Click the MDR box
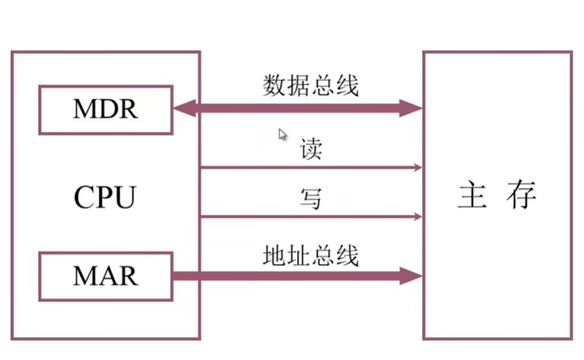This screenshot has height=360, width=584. (x=105, y=109)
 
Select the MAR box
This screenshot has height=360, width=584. (x=105, y=275)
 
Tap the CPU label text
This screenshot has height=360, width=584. (x=105, y=198)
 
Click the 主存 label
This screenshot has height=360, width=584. (x=496, y=196)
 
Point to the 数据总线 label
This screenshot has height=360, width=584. (x=311, y=85)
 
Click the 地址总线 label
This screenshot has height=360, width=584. (x=311, y=254)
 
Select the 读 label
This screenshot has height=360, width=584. (x=311, y=149)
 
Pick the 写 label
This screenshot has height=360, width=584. (x=311, y=199)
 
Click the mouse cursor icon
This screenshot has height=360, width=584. (x=282, y=135)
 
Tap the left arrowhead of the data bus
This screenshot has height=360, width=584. (x=183, y=109)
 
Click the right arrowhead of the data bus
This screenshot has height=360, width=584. (x=412, y=109)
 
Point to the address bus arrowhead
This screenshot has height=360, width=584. (x=412, y=275)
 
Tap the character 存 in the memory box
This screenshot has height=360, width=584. (x=521, y=196)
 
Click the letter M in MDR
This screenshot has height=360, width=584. (x=84, y=109)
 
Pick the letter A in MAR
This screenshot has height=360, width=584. (x=105, y=275)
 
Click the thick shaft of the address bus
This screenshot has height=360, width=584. (x=292, y=275)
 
